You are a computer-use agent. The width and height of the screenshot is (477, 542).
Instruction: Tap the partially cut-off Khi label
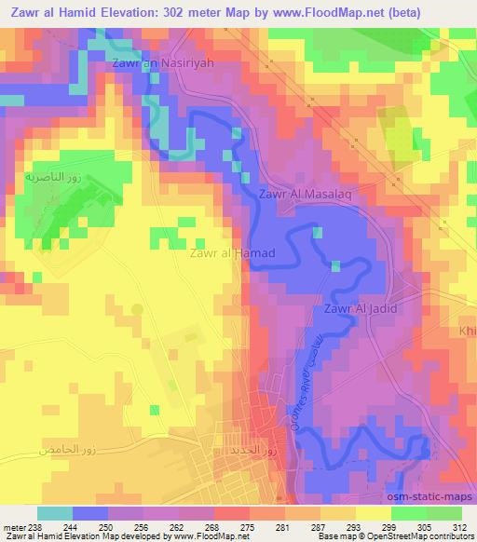[x=468, y=331]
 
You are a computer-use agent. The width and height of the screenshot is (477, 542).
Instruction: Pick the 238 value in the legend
[x=34, y=527]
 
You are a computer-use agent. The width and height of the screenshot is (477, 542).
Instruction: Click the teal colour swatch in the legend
[x=54, y=513]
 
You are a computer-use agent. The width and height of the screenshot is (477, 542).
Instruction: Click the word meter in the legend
[x=13, y=527]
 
